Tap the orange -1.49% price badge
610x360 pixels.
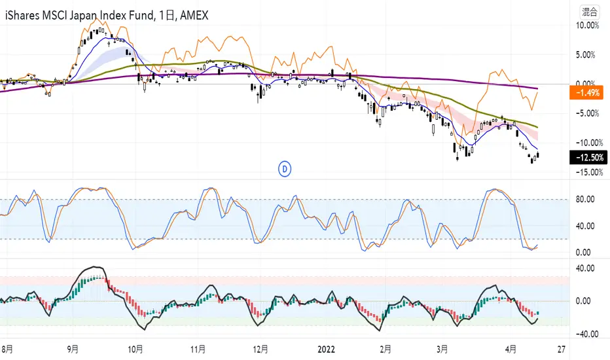pos(586,93)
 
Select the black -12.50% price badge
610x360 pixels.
pos(588,158)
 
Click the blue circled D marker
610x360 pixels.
pos(285,170)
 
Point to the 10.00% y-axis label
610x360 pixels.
pos(588,26)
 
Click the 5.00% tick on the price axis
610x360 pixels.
pos(586,55)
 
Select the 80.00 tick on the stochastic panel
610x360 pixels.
pos(585,199)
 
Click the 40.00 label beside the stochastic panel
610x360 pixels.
pos(585,226)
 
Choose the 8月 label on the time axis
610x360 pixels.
pos(7,349)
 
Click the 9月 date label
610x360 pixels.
pos(73,349)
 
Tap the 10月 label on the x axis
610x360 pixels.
pos(135,349)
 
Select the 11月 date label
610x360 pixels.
pos(198,349)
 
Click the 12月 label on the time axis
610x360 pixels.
pos(260,349)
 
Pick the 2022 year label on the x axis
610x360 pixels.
pos(326,349)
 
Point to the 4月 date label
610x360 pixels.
pos(511,349)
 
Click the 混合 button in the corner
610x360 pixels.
pos(589,12)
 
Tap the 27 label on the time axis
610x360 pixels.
pos(561,349)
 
